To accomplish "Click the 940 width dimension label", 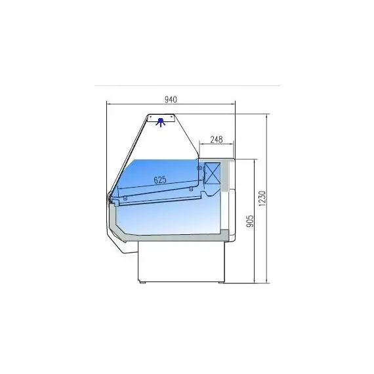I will tap(171, 99).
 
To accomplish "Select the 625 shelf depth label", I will tap(159, 179).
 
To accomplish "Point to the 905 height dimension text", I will tap(249, 222).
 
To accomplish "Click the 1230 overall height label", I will tap(262, 199).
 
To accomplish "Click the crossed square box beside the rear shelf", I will tap(213, 173).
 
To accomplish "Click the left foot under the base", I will tap(142, 282).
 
